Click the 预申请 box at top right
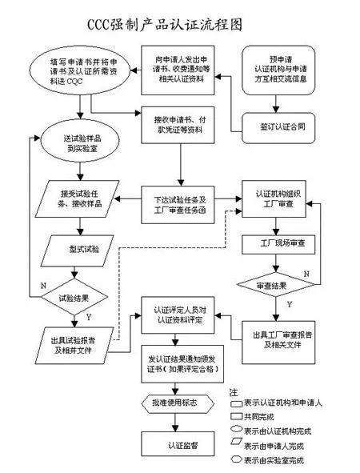280,70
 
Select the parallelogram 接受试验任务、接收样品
77,198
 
